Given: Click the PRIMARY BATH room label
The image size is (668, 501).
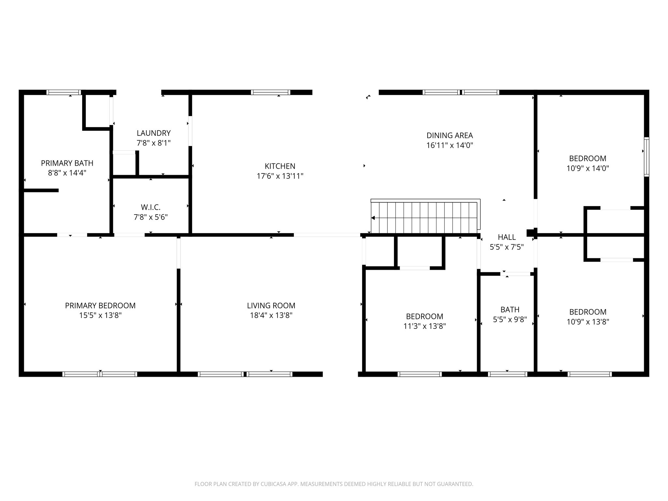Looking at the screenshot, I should tap(67, 163).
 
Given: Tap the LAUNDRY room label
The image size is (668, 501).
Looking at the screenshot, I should tap(154, 133).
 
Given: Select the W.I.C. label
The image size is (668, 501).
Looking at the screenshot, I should tap(151, 207).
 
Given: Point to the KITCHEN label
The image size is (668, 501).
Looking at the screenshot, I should tap(280, 166).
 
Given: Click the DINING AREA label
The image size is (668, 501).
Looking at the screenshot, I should tap(449, 135).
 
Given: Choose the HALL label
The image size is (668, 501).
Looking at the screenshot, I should tap(507, 237).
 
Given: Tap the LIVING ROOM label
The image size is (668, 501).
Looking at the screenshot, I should tap(271, 306).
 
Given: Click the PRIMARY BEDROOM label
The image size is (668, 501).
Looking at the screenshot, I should tap(100, 306).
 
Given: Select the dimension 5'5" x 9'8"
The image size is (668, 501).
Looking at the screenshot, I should tap(510, 319).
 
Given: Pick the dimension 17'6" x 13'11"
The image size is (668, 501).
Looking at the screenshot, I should tap(280, 176).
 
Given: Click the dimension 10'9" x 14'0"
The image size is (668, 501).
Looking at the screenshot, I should tap(588, 168).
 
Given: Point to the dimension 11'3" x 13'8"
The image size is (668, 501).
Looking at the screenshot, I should tap(424, 326).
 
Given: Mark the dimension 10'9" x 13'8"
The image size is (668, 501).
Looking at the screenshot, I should tap(588, 322).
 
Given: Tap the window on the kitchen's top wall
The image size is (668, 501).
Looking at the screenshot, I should tap(270, 92).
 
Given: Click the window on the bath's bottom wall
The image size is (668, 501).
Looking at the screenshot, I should tap(508, 374).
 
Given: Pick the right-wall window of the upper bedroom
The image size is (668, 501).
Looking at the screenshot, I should tap(646, 157).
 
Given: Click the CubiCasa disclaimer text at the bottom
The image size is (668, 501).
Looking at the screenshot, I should tap(334, 484).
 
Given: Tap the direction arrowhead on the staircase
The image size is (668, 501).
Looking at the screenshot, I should tap(373, 218).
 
